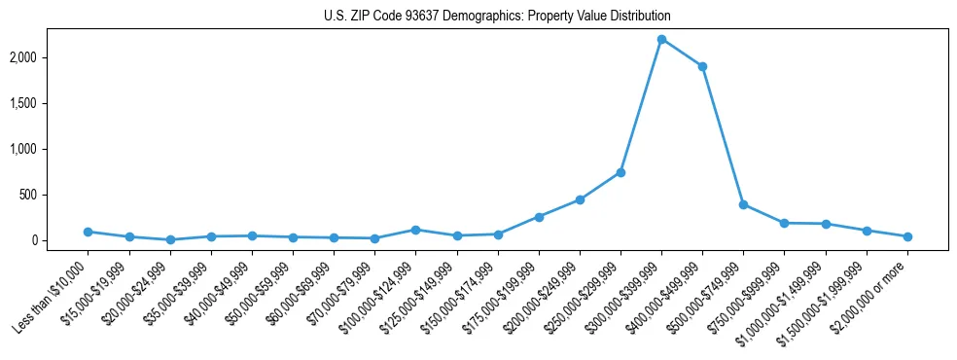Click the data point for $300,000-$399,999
(661, 39)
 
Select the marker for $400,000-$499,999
(702, 66)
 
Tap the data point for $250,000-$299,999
(620, 172)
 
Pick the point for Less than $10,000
(88, 232)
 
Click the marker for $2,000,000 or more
(907, 236)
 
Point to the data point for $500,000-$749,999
(743, 204)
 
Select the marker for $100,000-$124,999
(415, 230)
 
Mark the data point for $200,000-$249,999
(580, 199)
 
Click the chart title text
(497, 17)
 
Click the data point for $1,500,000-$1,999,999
(867, 231)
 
